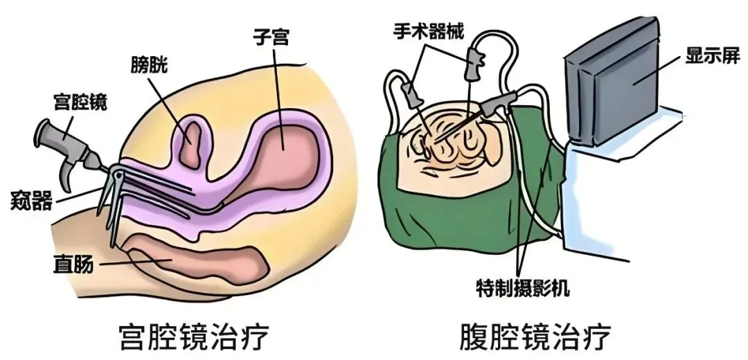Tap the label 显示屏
coord(711,54)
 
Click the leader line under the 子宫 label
coord(277,83)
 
